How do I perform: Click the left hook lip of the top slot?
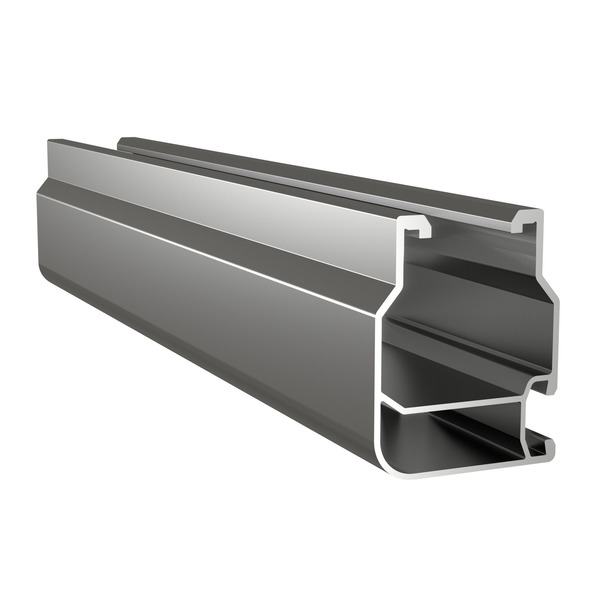click(x=419, y=229)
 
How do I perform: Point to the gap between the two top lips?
click(x=470, y=222)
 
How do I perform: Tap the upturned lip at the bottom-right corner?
click(x=549, y=445)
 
